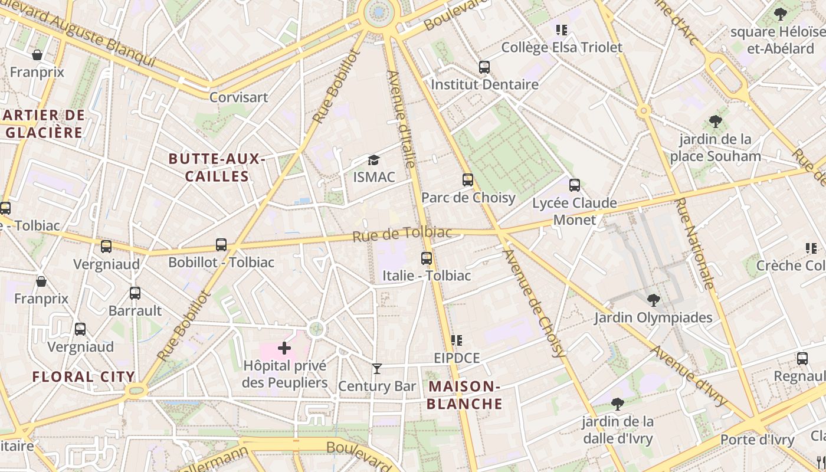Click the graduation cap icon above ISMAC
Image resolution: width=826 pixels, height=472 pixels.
pos(373,160)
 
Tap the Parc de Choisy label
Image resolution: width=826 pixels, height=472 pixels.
pos(468,198)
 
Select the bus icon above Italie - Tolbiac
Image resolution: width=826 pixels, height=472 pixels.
pos(427,258)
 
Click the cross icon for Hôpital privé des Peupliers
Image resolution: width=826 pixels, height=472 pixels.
pos(284,348)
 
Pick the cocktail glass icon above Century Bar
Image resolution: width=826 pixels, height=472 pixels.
pos(377,369)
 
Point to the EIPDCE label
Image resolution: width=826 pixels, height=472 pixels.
pos(457,358)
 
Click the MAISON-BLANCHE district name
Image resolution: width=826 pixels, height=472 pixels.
pos(464,395)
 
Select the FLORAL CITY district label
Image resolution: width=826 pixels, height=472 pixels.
pos(84,376)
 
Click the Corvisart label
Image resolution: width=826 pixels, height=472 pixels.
pos(239,97)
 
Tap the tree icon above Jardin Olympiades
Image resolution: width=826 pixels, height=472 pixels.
pos(653,300)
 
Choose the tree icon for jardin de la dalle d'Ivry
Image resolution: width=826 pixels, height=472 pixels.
pos(618,404)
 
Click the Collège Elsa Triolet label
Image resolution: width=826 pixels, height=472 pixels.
pos(562,47)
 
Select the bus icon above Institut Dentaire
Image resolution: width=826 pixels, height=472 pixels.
pos(484,67)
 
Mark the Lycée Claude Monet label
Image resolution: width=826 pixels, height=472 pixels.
pos(574,211)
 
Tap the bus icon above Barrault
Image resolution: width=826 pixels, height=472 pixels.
pos(135,293)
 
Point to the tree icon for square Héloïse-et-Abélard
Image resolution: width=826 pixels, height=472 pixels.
pos(780,14)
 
